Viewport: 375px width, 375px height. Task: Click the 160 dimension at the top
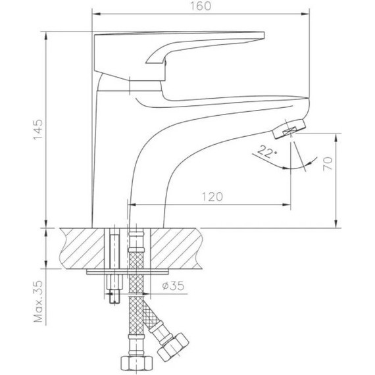point(202,7)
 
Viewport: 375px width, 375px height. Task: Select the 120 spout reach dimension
point(211,197)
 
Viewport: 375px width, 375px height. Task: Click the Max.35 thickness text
point(37,302)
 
